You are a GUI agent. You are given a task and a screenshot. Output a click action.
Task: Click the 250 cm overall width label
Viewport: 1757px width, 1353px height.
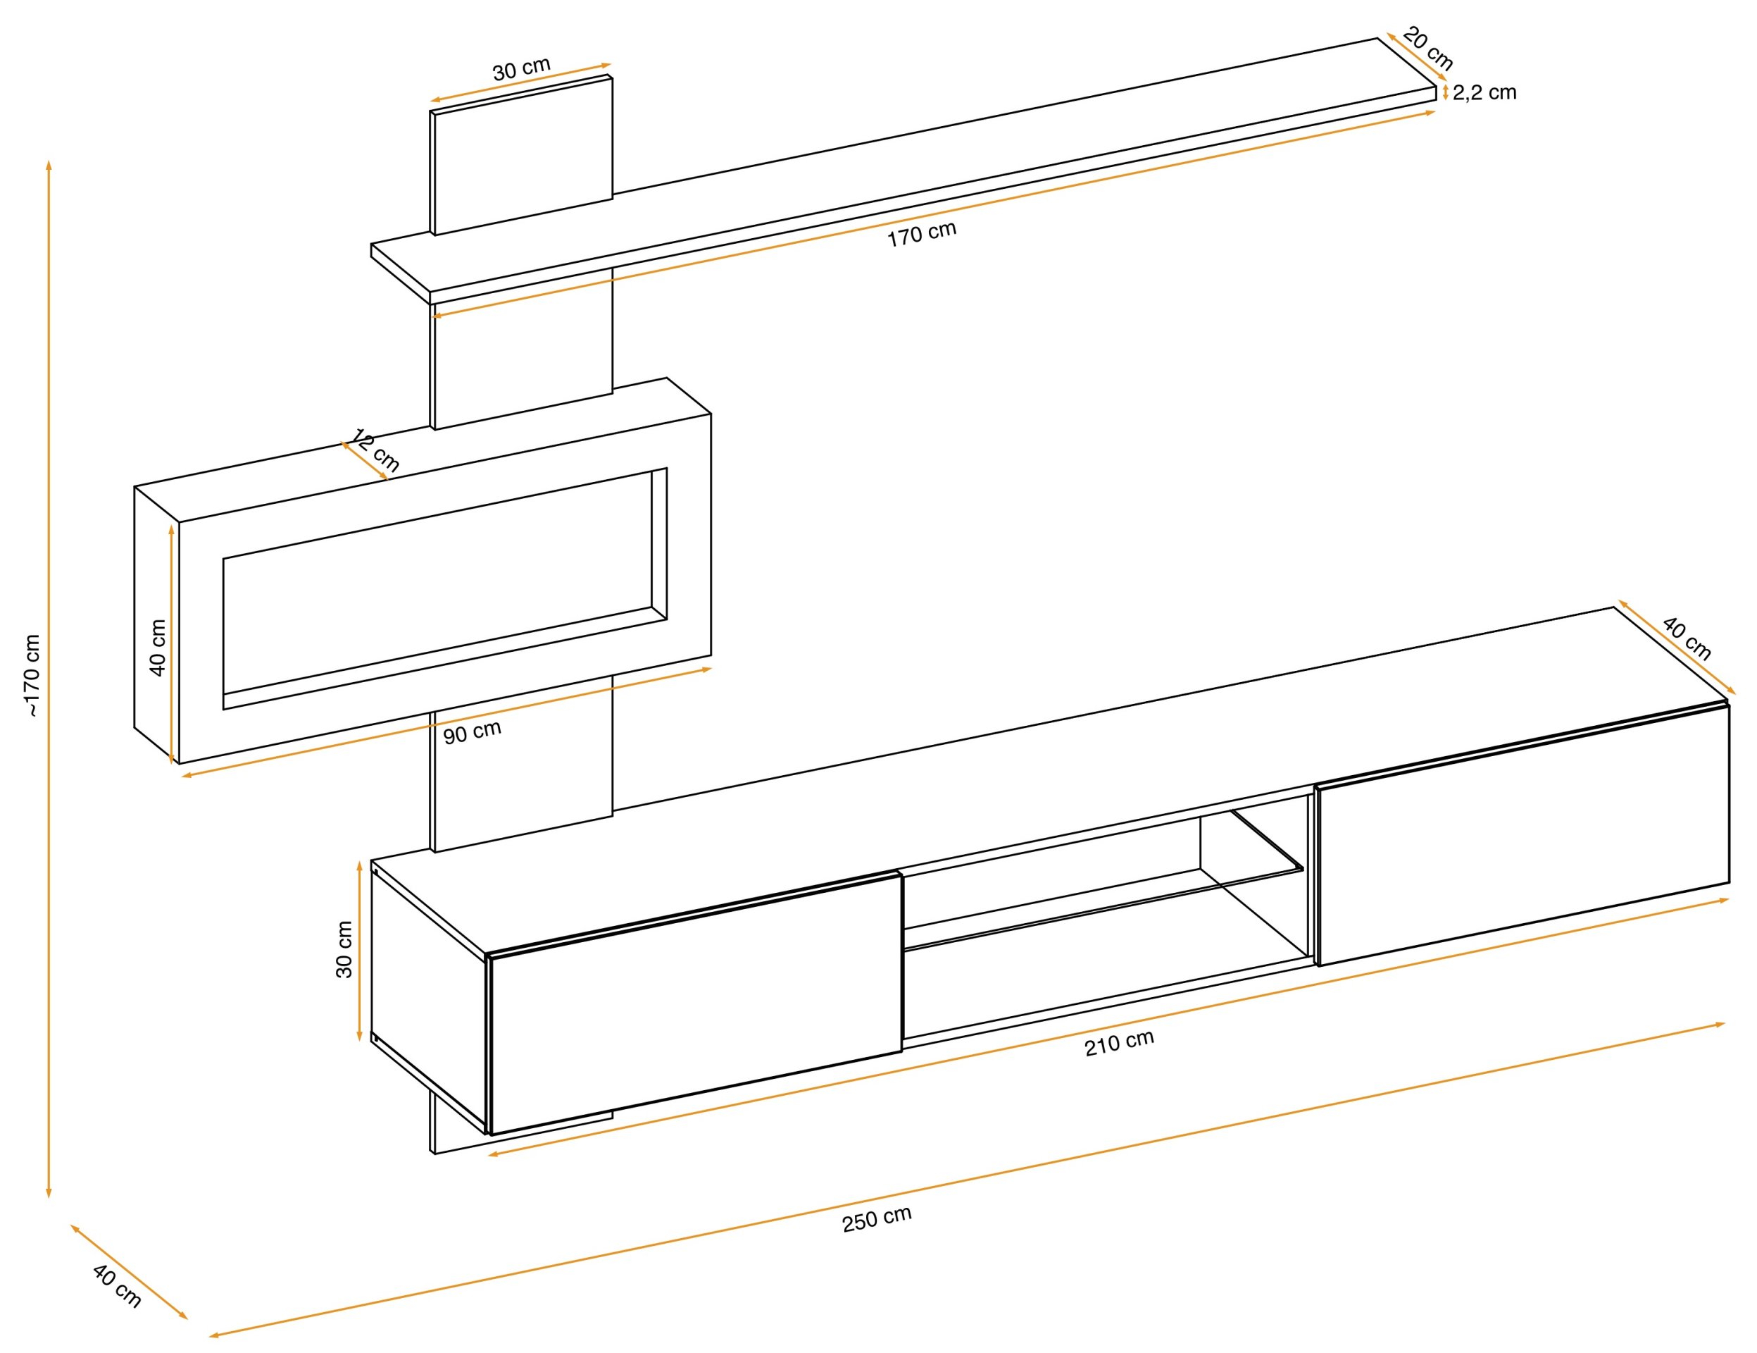coord(877,1218)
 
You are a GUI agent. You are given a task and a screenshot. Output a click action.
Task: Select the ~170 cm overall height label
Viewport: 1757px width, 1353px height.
coord(32,675)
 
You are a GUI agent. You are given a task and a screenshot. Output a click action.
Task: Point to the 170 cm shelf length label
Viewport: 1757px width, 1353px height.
coord(922,233)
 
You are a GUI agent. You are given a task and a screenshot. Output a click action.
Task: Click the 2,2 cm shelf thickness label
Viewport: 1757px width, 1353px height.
coord(1484,92)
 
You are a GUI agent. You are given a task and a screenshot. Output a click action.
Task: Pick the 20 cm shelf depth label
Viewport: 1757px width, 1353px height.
coord(1428,49)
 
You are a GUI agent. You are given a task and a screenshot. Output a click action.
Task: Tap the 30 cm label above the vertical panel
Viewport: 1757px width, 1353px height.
coord(521,68)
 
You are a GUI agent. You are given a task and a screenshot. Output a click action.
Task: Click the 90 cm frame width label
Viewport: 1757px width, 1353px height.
coord(473,731)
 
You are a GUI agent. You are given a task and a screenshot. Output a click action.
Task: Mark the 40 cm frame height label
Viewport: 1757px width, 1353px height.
coord(158,647)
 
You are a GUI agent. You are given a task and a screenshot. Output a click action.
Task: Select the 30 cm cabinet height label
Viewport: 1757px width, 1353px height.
coord(344,950)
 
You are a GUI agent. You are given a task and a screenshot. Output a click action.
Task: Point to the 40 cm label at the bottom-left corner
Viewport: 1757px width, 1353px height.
coord(118,1286)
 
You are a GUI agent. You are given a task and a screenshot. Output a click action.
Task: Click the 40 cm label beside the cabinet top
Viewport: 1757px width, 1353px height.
coord(1687,638)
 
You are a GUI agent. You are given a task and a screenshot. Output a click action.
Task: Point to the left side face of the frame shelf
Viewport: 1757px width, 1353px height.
coord(156,624)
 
